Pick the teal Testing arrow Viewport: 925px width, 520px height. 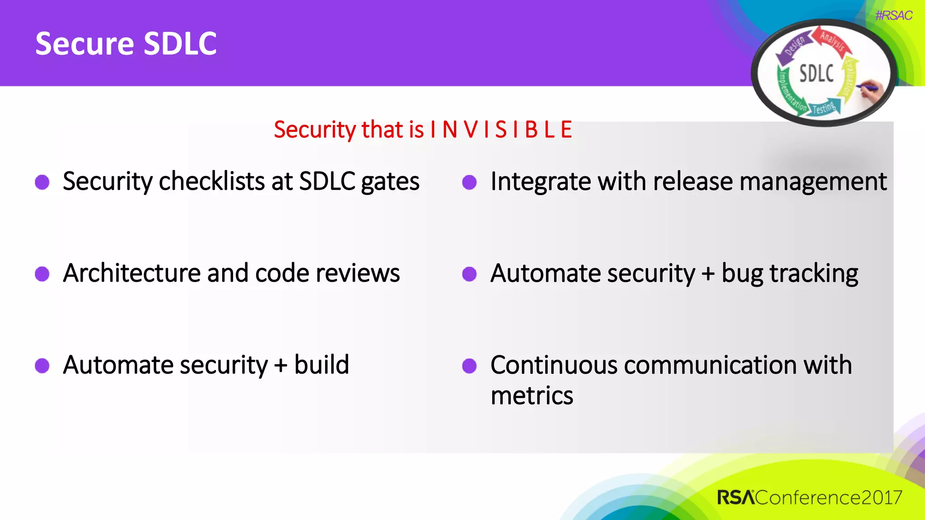[825, 107]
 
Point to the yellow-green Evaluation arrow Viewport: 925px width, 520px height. [849, 77]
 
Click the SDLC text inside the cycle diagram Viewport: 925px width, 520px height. [816, 74]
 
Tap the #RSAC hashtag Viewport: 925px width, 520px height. [893, 16]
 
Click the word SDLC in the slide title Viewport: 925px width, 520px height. [180, 44]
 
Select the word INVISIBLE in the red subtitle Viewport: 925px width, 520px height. [501, 130]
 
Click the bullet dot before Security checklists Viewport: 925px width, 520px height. [42, 182]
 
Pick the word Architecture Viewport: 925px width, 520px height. [131, 274]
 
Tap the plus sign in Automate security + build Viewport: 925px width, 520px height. [280, 365]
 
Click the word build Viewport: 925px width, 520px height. [322, 365]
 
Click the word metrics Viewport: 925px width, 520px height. [532, 395]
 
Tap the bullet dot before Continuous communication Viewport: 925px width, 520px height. [469, 366]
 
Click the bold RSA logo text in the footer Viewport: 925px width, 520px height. [736, 497]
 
